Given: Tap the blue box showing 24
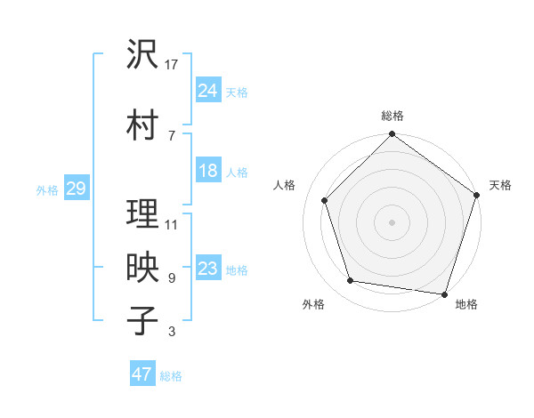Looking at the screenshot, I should click(x=207, y=92).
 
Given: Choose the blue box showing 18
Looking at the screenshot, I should click(x=207, y=172).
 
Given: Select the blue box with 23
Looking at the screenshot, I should click(x=207, y=269).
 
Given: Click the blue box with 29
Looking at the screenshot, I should click(x=76, y=189).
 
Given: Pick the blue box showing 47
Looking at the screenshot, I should click(x=142, y=374).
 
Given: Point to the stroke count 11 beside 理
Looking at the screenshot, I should click(x=172, y=224).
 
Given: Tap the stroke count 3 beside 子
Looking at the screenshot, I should click(x=171, y=333).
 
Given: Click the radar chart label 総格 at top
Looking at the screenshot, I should click(x=392, y=116).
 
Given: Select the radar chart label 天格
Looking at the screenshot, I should click(x=500, y=185).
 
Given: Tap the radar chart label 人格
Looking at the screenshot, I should click(x=286, y=185).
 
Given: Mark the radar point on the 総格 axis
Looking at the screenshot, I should click(x=392, y=135).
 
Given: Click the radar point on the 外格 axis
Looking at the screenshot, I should click(x=351, y=281).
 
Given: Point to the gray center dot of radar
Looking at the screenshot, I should click(x=392, y=221).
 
